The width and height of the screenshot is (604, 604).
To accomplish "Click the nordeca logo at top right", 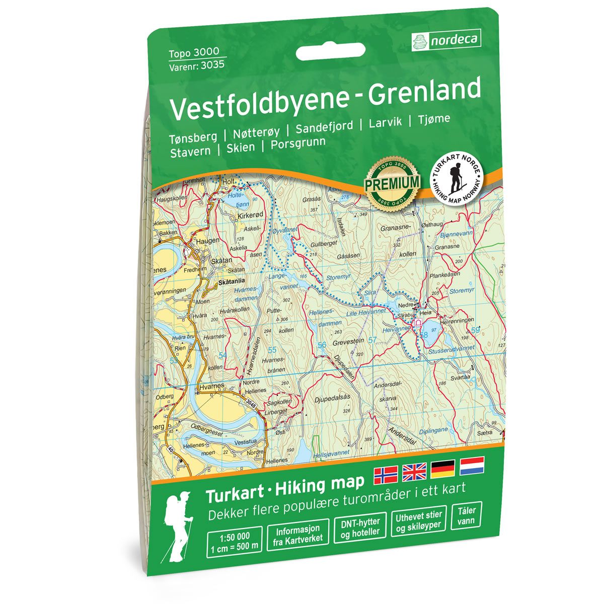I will click(446, 39).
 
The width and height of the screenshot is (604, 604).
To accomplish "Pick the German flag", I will click(443, 469).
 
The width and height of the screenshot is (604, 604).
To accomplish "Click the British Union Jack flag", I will click(414, 472).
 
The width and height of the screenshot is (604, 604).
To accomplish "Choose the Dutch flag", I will click(472, 466).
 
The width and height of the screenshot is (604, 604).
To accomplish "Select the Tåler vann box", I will click(464, 518).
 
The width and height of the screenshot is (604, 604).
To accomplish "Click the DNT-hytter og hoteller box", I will click(360, 527).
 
